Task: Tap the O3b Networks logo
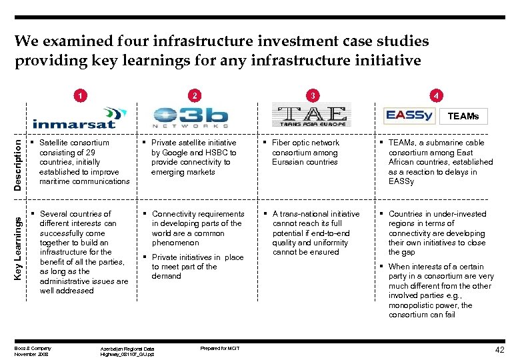coord(190,115)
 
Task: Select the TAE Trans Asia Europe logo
coord(311,115)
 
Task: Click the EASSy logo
coord(409,115)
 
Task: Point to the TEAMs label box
coord(463,116)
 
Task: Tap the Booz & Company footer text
coord(33,347)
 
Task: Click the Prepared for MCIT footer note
coord(219,348)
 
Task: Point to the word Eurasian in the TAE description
coord(288,162)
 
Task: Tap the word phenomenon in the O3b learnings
coord(175,243)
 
